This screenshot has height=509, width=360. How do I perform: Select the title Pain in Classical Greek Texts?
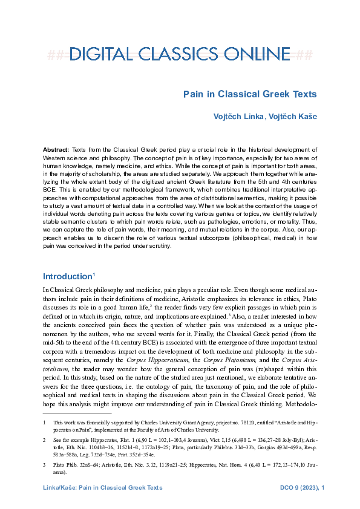coord(250,94)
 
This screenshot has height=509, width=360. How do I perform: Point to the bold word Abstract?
coord(56,149)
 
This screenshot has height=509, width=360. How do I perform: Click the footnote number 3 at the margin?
coord(44,465)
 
